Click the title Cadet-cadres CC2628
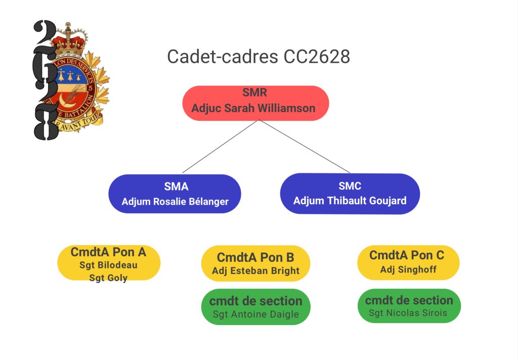click(258, 57)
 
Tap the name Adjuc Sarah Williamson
click(253, 109)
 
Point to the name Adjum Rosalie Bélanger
click(175, 202)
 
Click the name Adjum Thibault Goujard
click(350, 201)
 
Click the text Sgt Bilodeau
click(108, 265)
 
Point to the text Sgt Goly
click(108, 277)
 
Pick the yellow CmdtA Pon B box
click(255, 257)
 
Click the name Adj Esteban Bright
click(255, 271)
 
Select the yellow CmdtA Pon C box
click(408, 255)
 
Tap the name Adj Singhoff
click(408, 269)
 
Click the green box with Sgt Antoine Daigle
click(255, 307)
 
